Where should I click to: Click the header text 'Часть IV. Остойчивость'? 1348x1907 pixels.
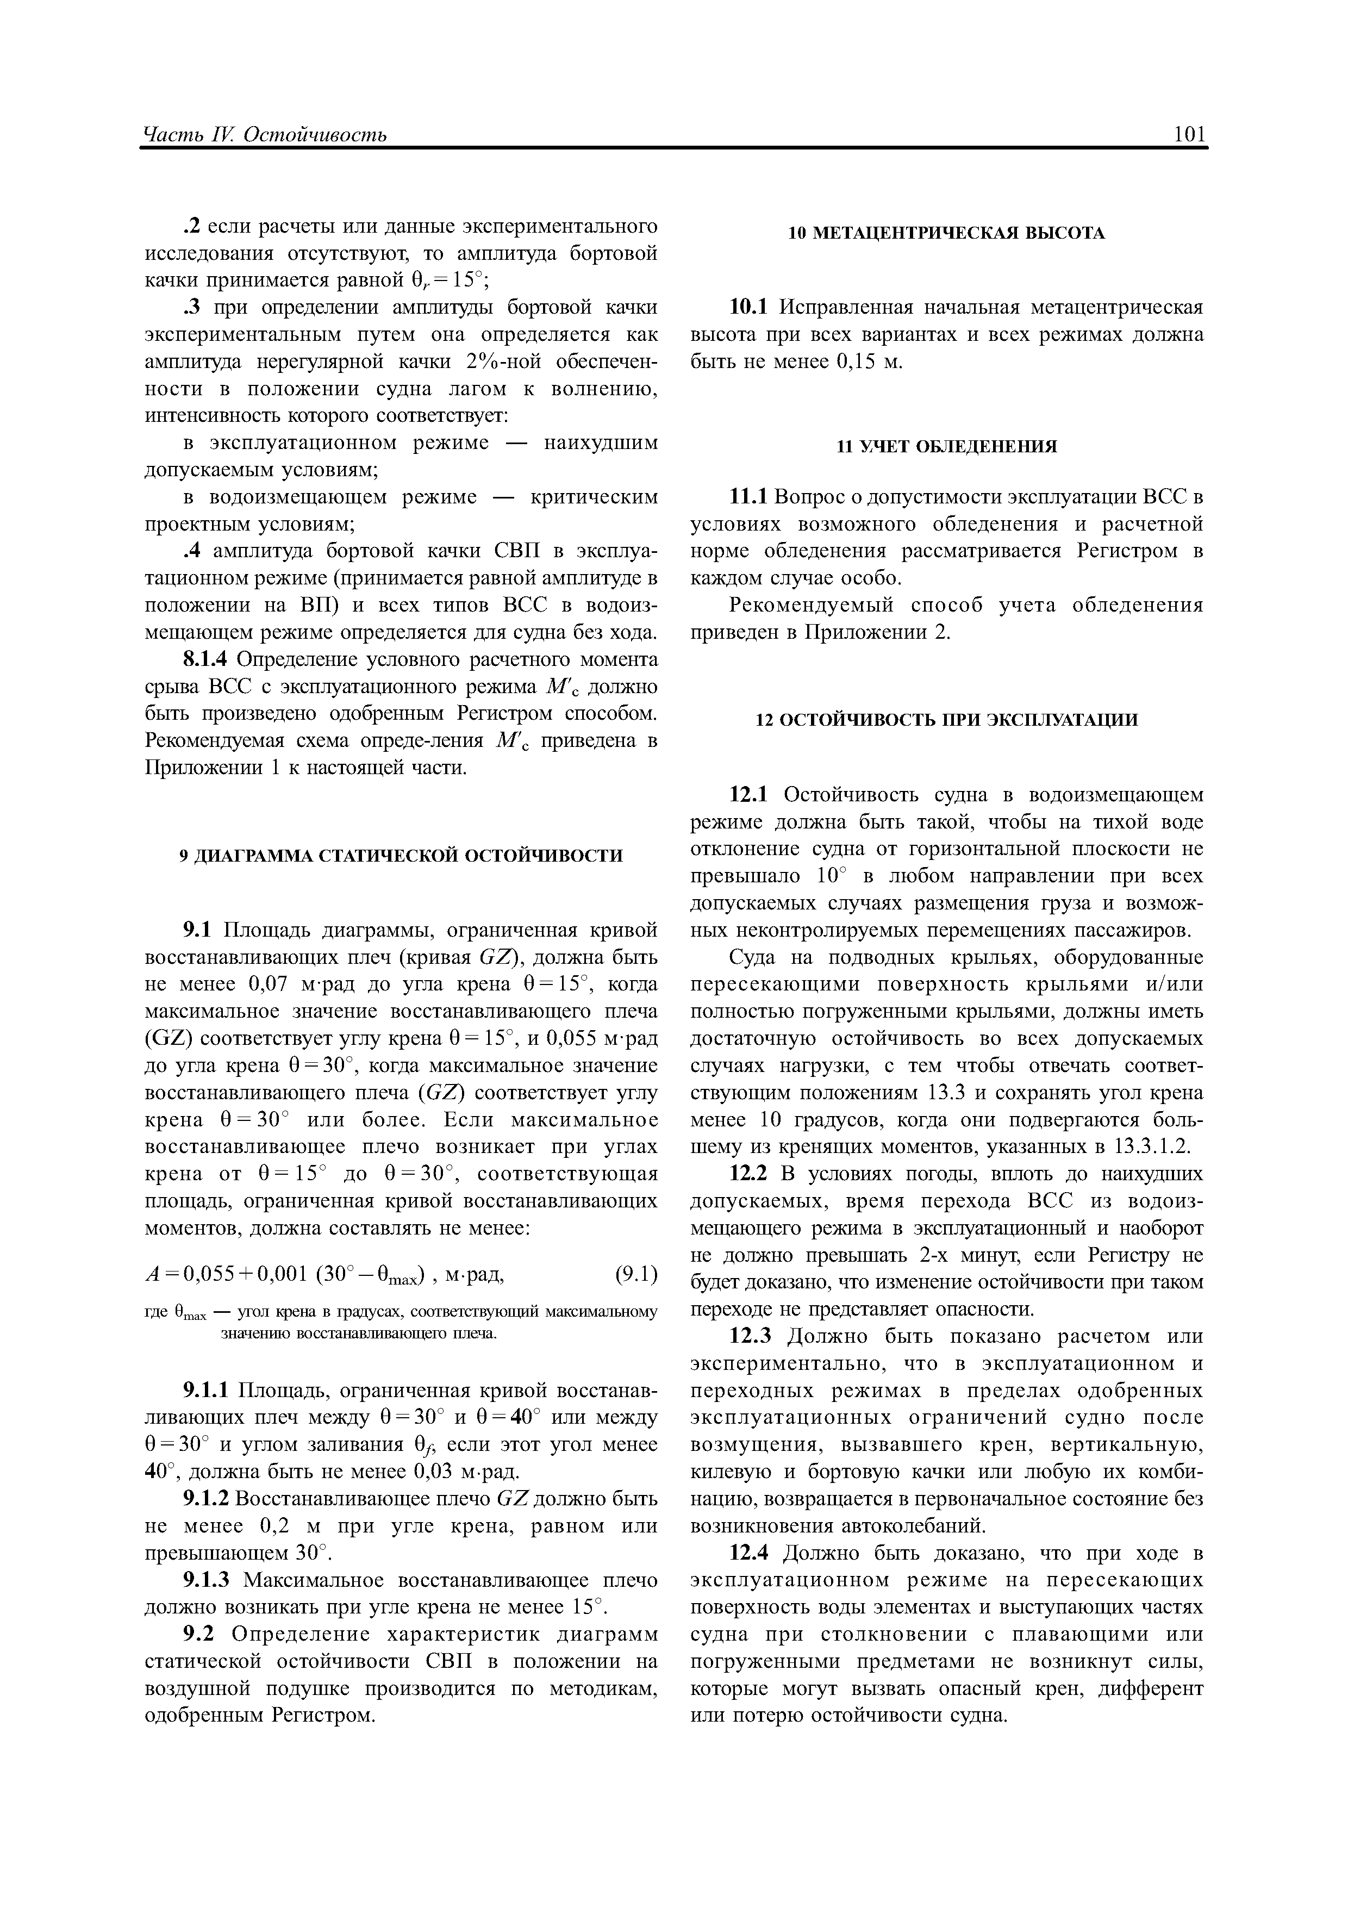pyautogui.click(x=265, y=135)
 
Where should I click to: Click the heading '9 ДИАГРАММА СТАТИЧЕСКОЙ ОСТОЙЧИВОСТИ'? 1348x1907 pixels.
pyautogui.click(x=401, y=856)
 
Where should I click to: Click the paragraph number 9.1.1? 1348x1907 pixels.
pyautogui.click(x=207, y=1391)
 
